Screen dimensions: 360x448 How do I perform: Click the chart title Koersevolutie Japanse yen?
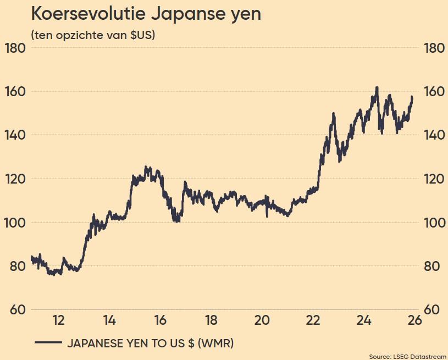146,14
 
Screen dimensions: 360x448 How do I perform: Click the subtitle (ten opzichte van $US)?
93,36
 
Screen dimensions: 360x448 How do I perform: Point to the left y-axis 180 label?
15,48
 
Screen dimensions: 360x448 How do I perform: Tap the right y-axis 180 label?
434,48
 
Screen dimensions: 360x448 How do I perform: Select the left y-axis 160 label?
15,91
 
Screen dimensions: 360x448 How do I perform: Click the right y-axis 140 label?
434,135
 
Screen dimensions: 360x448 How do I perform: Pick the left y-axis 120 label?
15,179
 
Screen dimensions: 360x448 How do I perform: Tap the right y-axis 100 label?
434,223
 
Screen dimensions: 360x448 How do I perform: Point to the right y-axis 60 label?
434,310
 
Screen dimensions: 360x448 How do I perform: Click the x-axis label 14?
109,320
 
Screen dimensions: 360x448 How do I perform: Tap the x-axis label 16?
160,320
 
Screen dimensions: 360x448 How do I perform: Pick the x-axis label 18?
211,320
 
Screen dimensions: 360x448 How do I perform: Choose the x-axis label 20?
262,320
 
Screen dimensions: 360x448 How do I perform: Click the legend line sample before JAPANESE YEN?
47,343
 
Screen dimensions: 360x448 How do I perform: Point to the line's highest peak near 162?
377,87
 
